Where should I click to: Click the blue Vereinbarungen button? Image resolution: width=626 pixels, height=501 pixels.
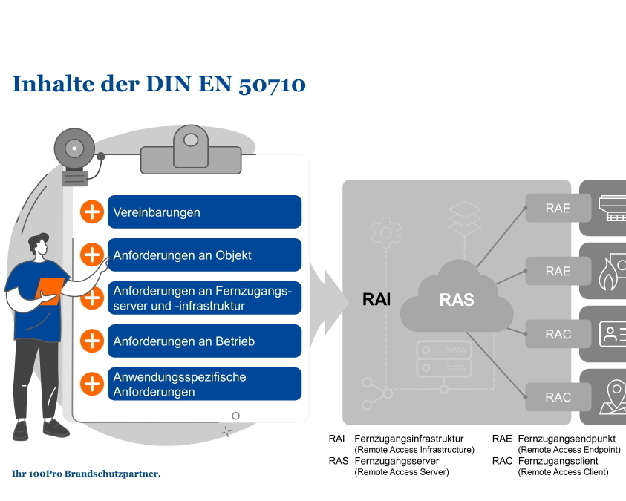click(204, 212)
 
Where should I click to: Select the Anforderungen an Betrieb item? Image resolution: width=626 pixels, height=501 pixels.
click(204, 341)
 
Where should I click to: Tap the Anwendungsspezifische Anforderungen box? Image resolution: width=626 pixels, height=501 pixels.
click(204, 384)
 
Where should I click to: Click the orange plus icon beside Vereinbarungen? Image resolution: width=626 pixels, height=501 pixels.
click(92, 212)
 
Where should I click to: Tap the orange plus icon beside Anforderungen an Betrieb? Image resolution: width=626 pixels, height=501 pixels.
click(92, 341)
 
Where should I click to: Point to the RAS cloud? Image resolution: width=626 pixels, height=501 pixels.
click(456, 299)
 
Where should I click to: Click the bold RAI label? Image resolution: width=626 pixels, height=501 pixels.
click(376, 300)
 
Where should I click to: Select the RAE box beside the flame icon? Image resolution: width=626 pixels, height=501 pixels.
click(558, 271)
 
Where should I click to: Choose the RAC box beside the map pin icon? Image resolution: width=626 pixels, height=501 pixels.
click(558, 397)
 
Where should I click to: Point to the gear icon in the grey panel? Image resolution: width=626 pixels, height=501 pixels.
click(385, 232)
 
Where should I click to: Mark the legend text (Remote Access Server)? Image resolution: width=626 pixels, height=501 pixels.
click(402, 472)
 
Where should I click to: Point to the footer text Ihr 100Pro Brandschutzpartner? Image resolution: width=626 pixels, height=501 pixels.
click(86, 473)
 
